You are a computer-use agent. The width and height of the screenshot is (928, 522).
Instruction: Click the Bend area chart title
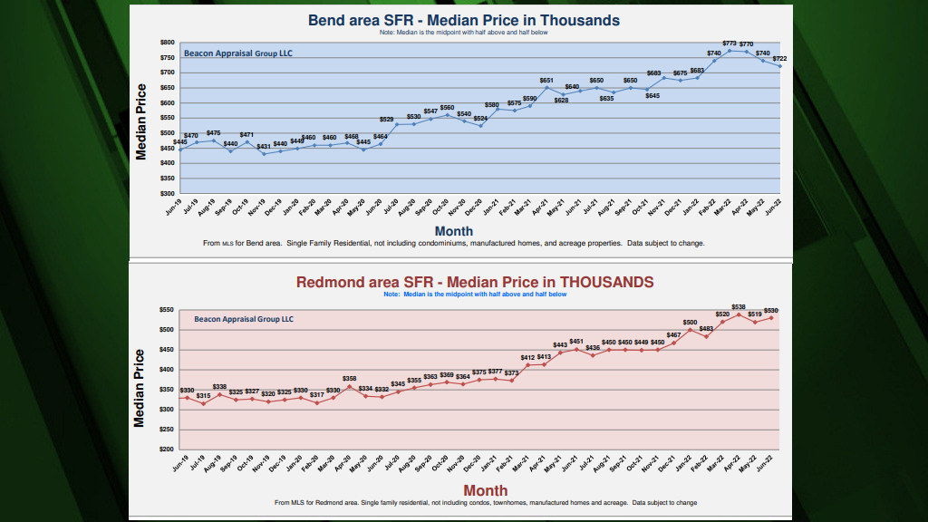point(463,20)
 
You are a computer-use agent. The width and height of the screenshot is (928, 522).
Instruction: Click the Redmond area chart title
point(475,282)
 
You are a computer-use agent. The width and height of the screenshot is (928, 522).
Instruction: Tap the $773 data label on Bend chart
point(730,43)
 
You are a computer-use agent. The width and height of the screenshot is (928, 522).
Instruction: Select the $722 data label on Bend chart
point(780,58)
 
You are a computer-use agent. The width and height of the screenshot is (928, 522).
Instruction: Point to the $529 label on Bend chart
point(386,120)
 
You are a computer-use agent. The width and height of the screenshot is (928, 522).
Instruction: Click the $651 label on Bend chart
point(546,81)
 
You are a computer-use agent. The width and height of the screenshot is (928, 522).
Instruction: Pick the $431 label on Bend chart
point(264,146)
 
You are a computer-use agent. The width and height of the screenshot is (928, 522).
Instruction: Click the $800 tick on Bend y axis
point(167,43)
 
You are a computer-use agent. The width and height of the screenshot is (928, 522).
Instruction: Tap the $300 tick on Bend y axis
point(167,193)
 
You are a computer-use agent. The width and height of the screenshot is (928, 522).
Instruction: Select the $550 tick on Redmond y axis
point(167,310)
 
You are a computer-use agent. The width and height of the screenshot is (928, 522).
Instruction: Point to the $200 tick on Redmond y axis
point(167,449)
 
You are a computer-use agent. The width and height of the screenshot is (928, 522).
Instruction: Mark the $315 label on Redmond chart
point(203,396)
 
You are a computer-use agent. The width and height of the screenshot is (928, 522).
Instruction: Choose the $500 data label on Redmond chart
point(690,322)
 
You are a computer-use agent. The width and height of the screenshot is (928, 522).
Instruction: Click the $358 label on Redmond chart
point(349,378)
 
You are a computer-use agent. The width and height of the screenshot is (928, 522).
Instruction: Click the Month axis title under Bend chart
point(453,231)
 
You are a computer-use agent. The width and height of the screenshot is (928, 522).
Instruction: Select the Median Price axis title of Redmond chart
point(140,388)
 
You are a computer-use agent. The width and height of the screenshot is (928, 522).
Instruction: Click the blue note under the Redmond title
point(475,295)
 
